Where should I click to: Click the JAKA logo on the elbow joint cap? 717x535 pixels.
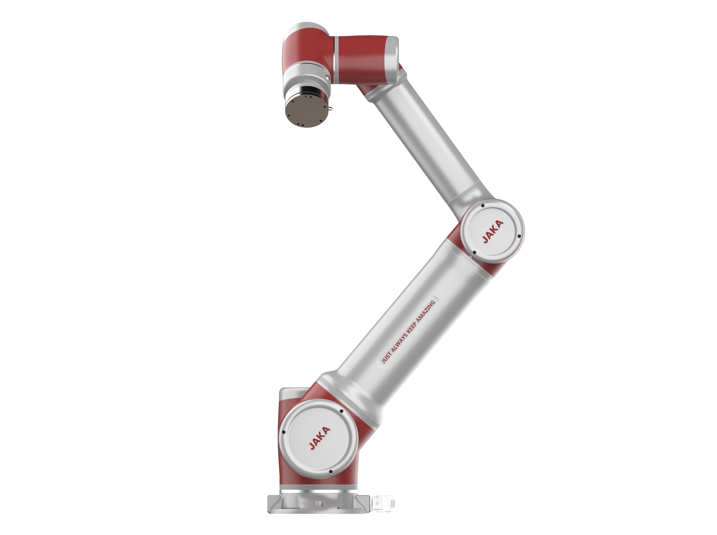[x=493, y=232]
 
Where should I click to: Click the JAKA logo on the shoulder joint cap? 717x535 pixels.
[x=320, y=438]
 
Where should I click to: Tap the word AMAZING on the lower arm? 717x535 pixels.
[x=426, y=312]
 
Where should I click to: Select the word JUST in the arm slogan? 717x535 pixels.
[x=386, y=358]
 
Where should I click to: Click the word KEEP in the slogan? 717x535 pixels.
[x=411, y=329]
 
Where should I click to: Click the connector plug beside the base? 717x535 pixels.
[x=383, y=503]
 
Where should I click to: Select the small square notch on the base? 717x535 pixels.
[x=318, y=503]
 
